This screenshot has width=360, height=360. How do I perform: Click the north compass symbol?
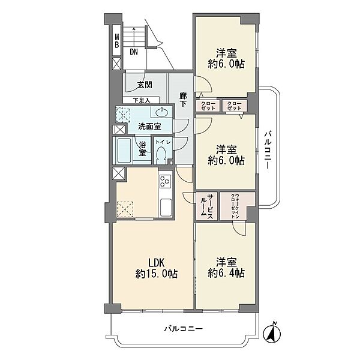(272, 332)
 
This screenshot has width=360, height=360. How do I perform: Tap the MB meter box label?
(117, 40)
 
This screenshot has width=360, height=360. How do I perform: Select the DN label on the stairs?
(134, 52)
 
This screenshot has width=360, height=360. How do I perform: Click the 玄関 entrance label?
(145, 85)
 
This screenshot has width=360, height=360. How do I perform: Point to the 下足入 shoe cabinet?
(141, 100)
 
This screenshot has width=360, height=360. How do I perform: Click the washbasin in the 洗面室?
(162, 112)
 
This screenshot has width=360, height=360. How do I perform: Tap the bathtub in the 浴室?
(124, 151)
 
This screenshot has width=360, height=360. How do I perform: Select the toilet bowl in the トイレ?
(161, 155)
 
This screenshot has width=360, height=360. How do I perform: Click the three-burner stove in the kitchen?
(166, 181)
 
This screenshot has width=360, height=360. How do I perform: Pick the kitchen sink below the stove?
(166, 208)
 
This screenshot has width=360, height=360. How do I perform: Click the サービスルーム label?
(207, 206)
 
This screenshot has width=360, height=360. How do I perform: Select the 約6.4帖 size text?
(226, 273)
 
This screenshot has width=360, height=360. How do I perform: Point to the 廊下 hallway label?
(183, 100)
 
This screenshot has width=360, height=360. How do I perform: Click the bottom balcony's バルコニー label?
(184, 329)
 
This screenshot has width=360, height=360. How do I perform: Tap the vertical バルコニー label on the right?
(268, 151)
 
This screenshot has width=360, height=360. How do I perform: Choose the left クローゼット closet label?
(208, 106)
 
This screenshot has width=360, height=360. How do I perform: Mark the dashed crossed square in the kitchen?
(125, 209)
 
